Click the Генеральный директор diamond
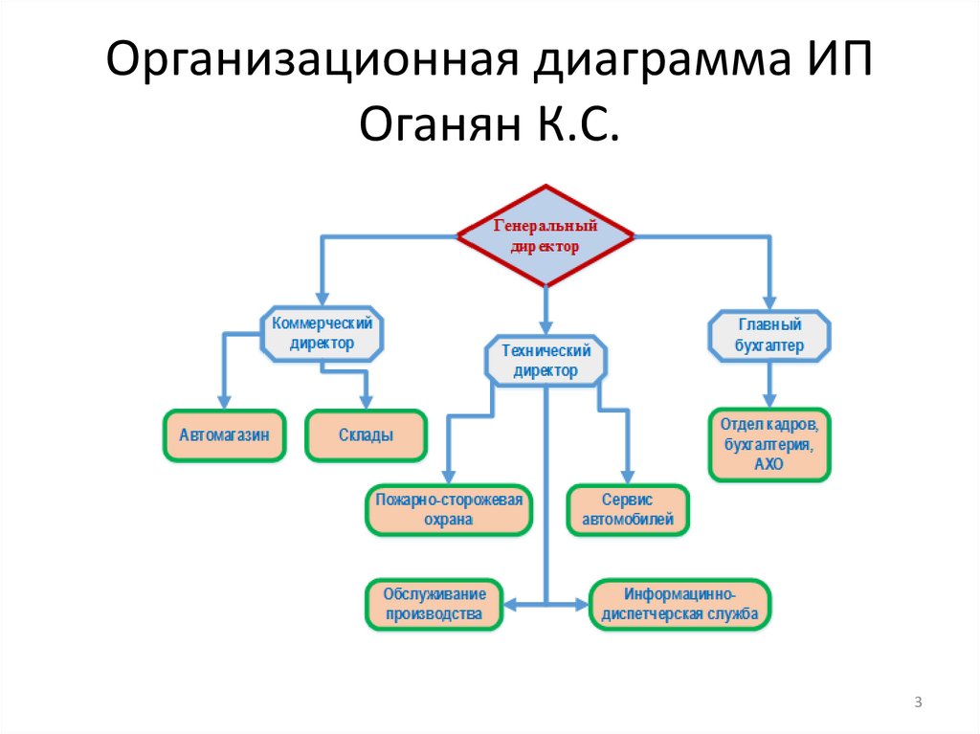tap(546, 235)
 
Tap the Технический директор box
tap(546, 361)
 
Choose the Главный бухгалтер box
tap(768, 335)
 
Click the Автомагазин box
tap(224, 435)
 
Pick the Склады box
tap(366, 435)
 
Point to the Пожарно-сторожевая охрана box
tap(450, 509)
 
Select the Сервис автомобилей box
tap(627, 510)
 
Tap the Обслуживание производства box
tap(434, 604)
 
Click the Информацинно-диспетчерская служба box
tap(679, 604)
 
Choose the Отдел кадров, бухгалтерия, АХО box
tap(768, 444)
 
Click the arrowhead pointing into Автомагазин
tap(224, 400)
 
